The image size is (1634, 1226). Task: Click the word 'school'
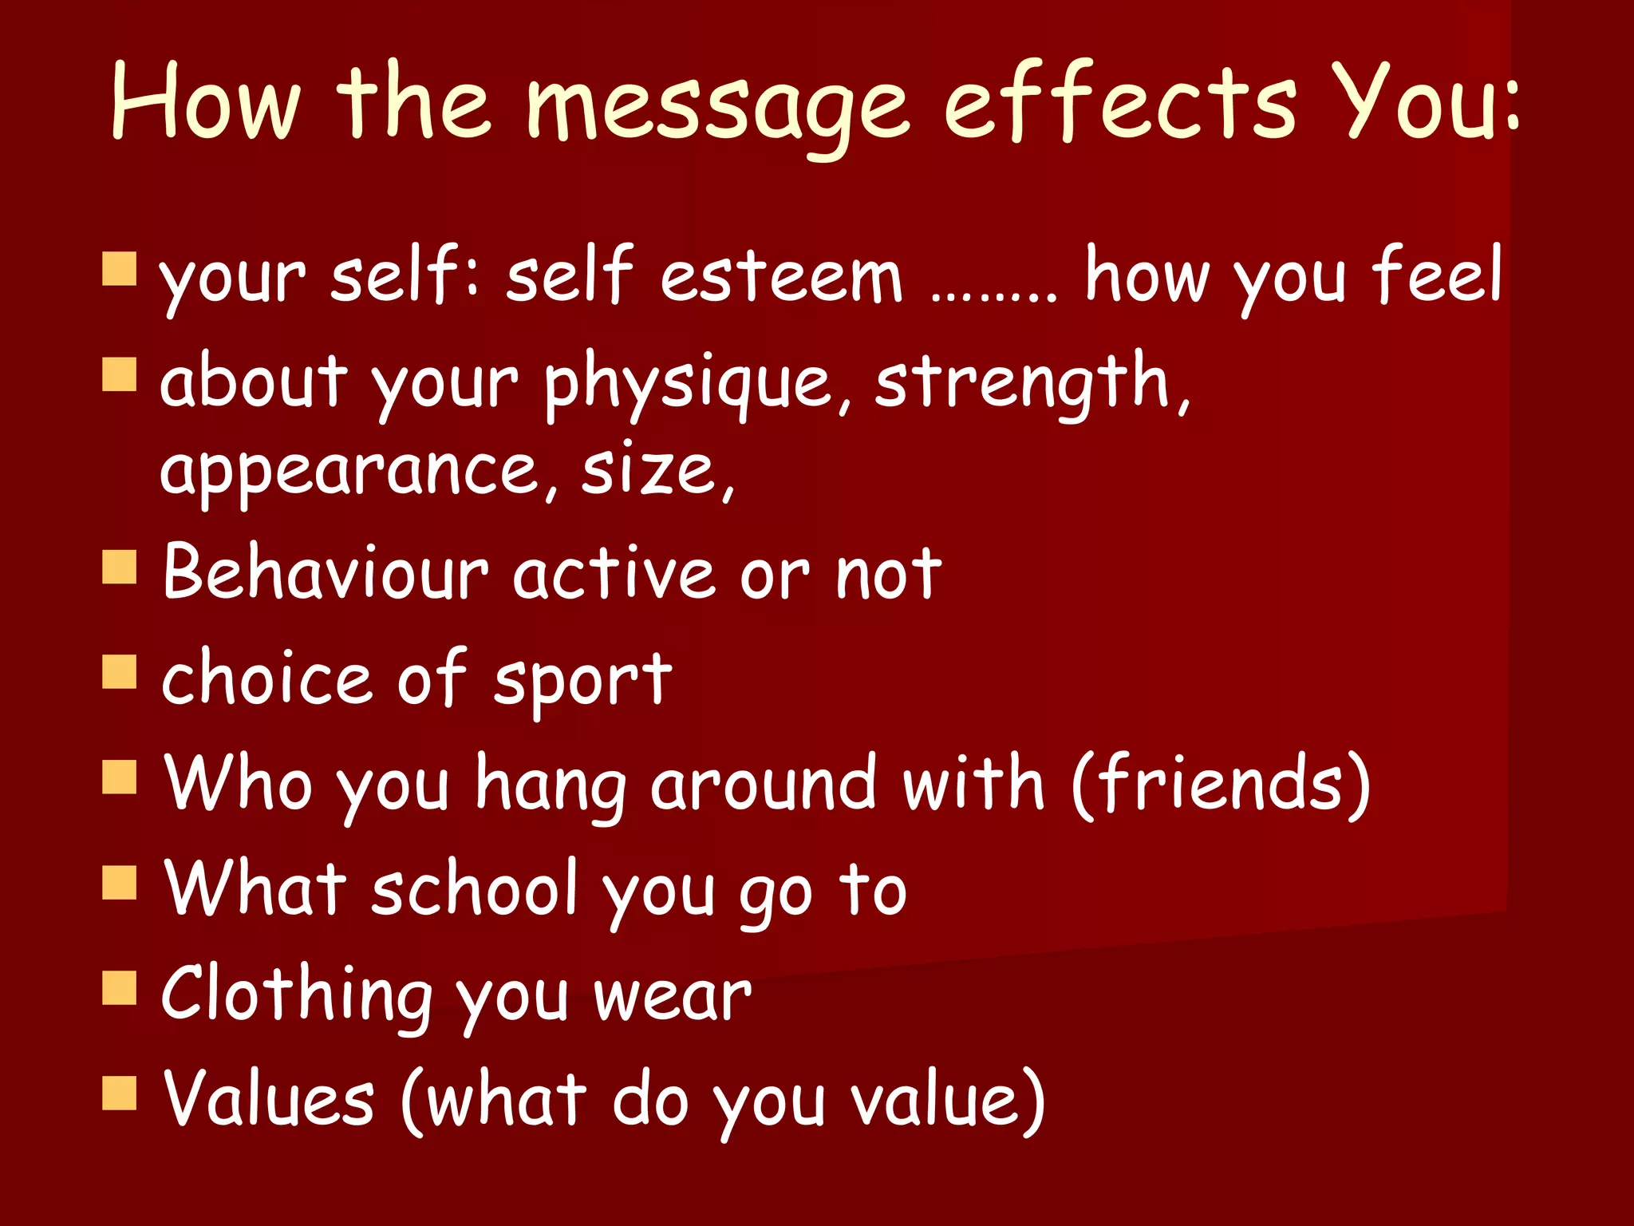click(475, 889)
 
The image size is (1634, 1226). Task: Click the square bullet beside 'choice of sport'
click(120, 672)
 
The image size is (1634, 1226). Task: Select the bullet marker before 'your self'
click(120, 269)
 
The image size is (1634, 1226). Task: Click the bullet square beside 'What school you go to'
click(120, 883)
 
